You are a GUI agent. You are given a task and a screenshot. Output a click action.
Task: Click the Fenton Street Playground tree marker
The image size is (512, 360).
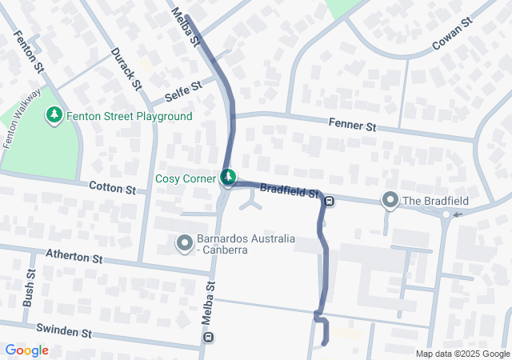54,116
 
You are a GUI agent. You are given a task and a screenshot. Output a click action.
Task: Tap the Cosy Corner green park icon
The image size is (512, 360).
229,177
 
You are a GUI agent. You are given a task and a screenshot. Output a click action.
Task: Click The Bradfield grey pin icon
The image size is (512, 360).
390,199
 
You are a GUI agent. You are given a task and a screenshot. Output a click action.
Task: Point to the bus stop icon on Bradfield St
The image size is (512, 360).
330,201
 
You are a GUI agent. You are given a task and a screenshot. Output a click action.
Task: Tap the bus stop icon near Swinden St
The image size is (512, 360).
209,337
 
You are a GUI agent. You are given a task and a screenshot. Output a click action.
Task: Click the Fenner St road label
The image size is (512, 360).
352,126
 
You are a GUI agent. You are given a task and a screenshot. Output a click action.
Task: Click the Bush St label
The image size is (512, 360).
30,288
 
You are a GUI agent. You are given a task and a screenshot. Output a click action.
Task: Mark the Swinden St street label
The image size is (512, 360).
65,330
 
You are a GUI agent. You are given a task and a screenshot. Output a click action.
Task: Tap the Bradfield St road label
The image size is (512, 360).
290,191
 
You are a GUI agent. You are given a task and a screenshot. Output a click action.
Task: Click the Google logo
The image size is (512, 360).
26,350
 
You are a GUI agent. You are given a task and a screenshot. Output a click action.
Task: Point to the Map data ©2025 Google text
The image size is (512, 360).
462,354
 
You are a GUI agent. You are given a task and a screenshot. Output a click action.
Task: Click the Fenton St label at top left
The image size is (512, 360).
28,53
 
